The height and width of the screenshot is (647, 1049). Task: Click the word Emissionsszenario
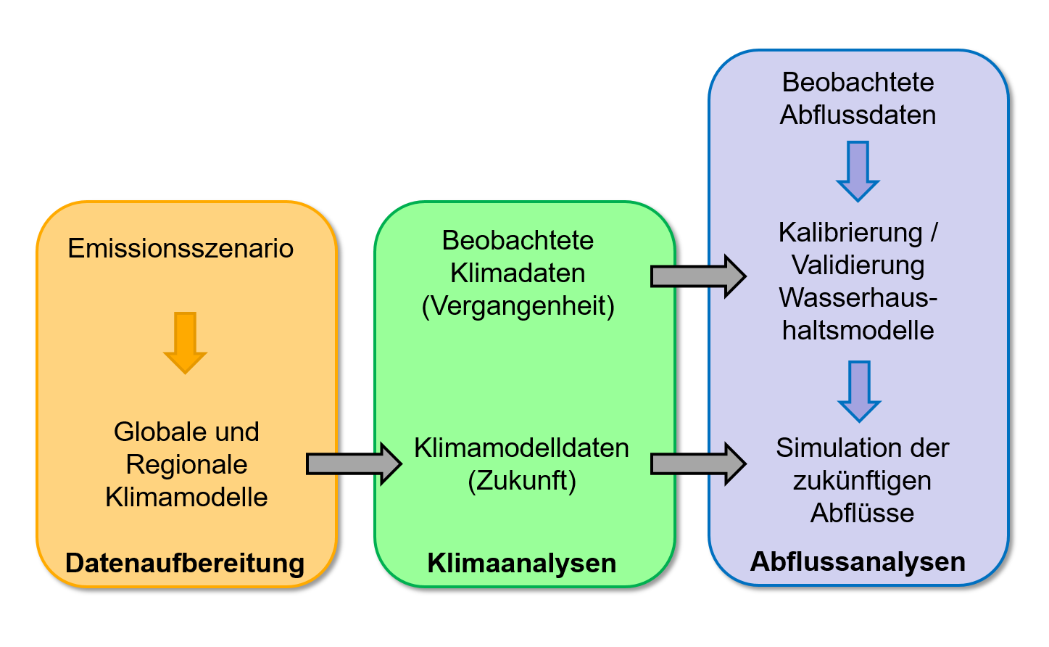[x=181, y=249]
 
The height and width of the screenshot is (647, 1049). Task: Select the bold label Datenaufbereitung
[x=185, y=563]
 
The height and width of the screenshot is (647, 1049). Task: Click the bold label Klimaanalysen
[x=522, y=563]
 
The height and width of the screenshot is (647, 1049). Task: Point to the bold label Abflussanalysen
[x=858, y=561]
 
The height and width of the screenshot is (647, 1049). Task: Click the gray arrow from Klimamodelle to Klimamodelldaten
[x=354, y=463]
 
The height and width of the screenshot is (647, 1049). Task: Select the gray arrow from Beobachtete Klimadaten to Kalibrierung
[x=698, y=276]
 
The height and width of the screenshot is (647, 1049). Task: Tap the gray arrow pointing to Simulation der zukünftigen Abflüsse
[x=698, y=463]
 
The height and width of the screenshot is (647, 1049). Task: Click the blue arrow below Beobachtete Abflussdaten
[x=858, y=171]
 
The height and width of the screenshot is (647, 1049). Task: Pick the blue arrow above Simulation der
[x=859, y=391]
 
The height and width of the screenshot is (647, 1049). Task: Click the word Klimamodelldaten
[x=521, y=448]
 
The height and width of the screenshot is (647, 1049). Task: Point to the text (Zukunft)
[x=522, y=481]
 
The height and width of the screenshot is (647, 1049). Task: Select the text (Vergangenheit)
[x=518, y=306]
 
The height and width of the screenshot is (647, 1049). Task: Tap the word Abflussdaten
[x=858, y=115]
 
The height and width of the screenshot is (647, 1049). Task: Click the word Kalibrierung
[x=850, y=233]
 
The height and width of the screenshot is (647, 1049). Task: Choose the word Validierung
[x=858, y=265]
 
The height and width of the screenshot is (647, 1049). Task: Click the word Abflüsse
[x=862, y=514]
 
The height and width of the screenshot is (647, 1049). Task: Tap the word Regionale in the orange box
[x=186, y=465]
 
